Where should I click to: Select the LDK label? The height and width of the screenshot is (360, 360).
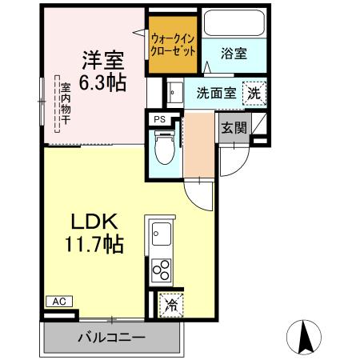click(x=96, y=222)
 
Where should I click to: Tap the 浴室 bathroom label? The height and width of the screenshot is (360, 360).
click(x=234, y=54)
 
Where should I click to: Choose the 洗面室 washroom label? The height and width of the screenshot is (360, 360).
click(x=215, y=92)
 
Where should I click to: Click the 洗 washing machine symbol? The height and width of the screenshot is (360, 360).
click(x=253, y=92)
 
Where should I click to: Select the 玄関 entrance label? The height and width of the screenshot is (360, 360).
click(x=234, y=127)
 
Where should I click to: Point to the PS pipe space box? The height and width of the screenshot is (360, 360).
click(x=159, y=119)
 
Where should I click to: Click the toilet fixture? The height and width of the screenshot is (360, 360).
click(x=164, y=148)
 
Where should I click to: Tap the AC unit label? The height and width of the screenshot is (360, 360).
click(x=58, y=301)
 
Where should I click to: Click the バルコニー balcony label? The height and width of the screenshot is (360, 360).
click(x=111, y=338)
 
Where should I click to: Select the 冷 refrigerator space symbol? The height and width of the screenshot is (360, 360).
click(x=170, y=304)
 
